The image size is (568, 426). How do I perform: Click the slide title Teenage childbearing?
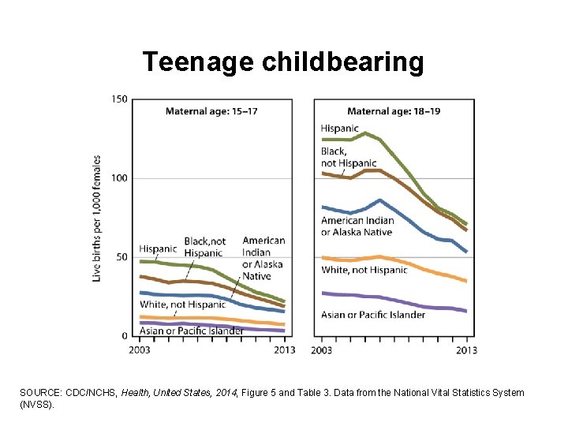[x=282, y=62]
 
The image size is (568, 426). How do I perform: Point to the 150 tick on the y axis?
[x=118, y=99]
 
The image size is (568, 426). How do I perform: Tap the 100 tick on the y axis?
[x=118, y=178]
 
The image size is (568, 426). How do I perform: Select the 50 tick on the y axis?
[x=121, y=257]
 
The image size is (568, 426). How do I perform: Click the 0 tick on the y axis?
[x=124, y=336]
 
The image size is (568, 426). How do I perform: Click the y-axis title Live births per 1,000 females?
[x=97, y=218]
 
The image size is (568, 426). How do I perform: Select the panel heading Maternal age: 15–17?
[x=211, y=111]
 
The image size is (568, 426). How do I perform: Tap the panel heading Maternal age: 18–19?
[x=394, y=111]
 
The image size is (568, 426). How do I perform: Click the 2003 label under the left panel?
[x=140, y=349]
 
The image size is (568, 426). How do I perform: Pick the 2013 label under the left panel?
[x=284, y=349]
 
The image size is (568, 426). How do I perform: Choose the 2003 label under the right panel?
[x=322, y=349]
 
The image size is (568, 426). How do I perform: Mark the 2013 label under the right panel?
[x=466, y=349]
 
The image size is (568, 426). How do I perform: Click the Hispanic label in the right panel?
[x=339, y=128]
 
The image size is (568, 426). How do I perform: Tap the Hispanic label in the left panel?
[x=158, y=248]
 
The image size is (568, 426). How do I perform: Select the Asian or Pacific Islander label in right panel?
[x=373, y=315]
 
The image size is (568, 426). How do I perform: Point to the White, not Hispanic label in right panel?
[x=364, y=270]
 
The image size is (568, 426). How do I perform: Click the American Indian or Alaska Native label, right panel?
[x=357, y=226]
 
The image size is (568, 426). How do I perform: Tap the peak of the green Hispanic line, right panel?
[x=365, y=133]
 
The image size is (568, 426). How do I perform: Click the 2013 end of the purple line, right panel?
[x=466, y=312]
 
